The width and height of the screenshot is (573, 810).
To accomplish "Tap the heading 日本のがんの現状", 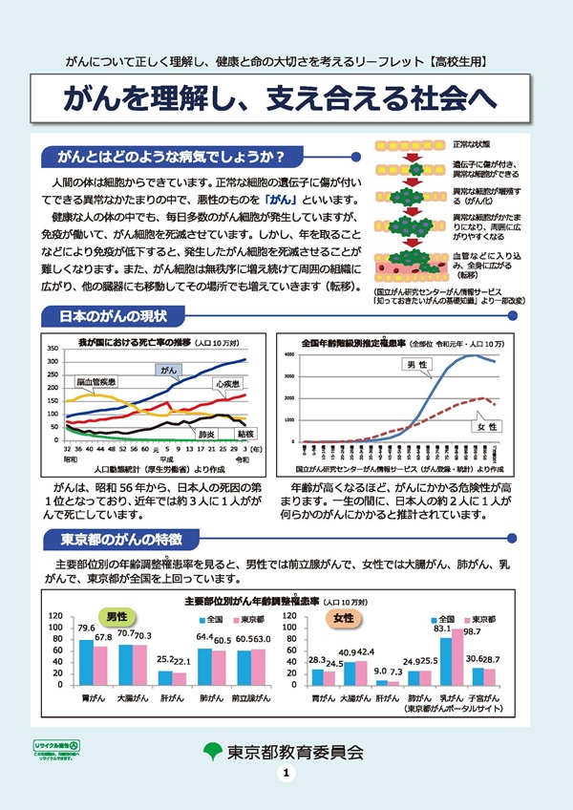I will point(113,316).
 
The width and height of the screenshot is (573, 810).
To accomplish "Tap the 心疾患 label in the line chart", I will point(226,383).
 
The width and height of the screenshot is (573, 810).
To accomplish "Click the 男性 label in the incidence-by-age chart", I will point(415,364).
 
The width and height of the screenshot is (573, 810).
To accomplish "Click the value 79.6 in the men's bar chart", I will point(86,628).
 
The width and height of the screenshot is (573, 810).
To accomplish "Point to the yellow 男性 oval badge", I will point(118,617).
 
